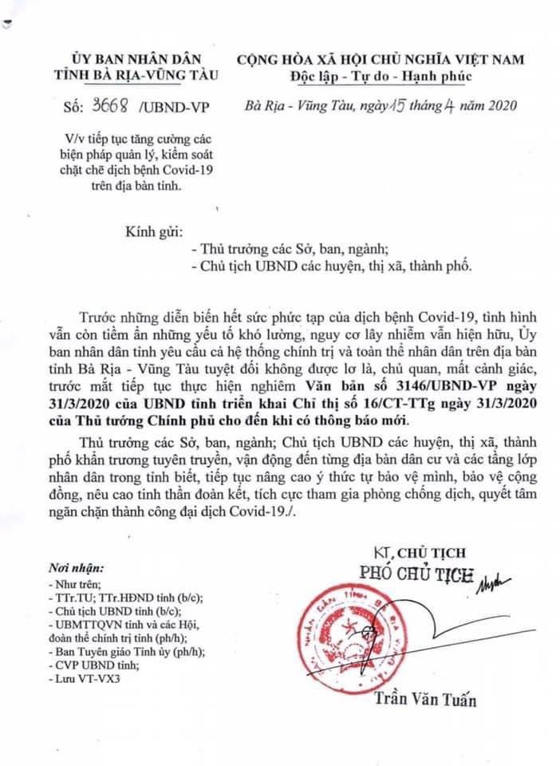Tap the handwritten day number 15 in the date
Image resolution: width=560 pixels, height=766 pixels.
(394, 106)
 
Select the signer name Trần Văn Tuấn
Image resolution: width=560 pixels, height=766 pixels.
(425, 701)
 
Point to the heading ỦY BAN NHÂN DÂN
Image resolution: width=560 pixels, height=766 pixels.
(133, 58)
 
